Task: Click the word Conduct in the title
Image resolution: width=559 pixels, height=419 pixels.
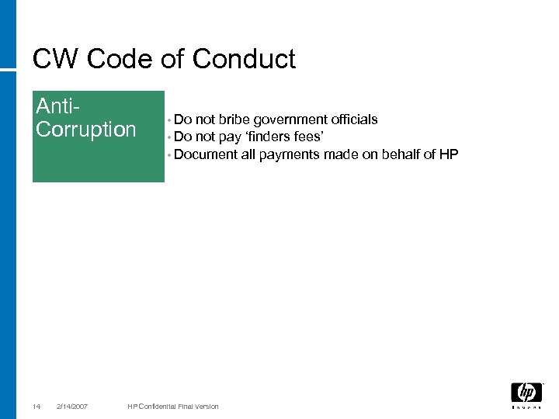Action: [x=244, y=59]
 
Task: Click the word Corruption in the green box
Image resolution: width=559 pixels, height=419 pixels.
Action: [x=86, y=130]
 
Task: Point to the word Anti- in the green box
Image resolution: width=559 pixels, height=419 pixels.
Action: [x=60, y=106]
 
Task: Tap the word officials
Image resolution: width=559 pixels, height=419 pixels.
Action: [x=355, y=119]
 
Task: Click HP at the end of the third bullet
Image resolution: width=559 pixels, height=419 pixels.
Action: [x=449, y=154]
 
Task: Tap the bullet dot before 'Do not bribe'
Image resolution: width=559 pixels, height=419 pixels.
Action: [x=168, y=121]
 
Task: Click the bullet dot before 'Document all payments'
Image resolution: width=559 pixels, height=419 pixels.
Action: [x=168, y=156]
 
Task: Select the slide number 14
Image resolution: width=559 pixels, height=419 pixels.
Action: [x=36, y=407]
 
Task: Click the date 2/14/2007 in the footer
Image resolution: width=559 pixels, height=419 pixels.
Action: [x=72, y=407]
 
